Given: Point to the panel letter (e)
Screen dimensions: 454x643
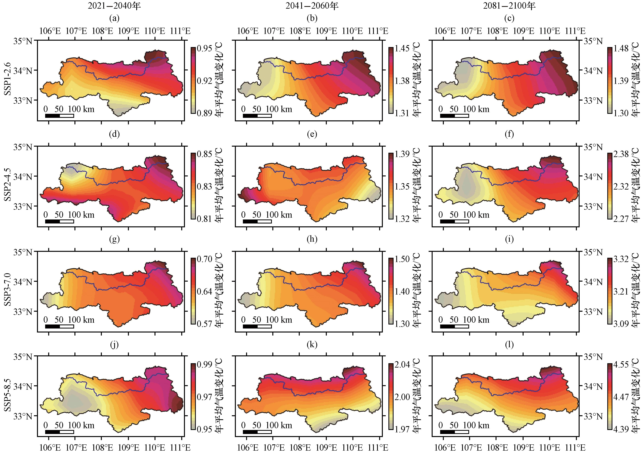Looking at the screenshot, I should [x=312, y=134].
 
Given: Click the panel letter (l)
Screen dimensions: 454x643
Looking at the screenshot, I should [x=509, y=345].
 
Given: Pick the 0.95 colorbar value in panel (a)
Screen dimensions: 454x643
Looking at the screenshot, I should [x=204, y=49].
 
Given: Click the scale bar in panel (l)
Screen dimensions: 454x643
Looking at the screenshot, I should [x=454, y=432].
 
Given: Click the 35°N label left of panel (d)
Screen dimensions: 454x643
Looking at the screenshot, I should [x=23, y=147].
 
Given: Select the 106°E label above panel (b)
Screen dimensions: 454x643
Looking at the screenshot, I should [x=248, y=31].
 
